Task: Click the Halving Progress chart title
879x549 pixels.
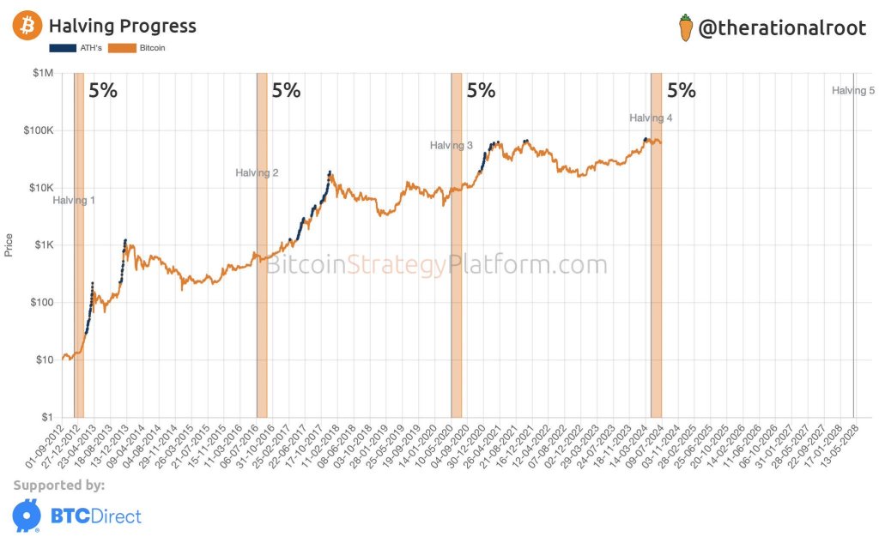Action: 122,27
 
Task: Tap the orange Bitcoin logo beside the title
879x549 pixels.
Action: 27,27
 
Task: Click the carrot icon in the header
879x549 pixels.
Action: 685,27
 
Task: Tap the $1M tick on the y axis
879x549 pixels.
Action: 42,74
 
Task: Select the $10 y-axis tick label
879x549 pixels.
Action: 42,360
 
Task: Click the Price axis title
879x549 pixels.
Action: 9,245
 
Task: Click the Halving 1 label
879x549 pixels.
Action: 74,201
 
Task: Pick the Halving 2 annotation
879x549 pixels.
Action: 257,173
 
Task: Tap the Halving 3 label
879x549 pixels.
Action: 452,146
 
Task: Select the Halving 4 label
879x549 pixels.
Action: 651,118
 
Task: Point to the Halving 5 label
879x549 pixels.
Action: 853,90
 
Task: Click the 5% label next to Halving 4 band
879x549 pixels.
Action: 682,90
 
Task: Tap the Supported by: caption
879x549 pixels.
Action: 59,486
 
